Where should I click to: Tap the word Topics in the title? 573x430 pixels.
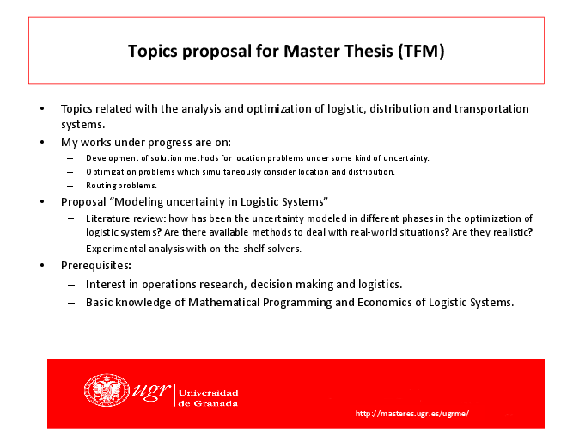tap(153, 52)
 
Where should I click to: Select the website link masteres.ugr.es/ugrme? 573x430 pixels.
tap(412, 414)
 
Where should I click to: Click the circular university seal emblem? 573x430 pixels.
tap(107, 390)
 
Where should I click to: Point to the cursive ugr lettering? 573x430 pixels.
tap(151, 390)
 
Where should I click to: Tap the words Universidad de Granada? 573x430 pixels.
tap(208, 398)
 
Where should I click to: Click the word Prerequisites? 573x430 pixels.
tap(96, 266)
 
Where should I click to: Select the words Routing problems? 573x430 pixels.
tap(121, 186)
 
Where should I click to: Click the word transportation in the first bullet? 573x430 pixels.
tap(491, 109)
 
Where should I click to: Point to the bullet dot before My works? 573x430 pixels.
tap(42, 142)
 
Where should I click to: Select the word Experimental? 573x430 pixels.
tap(116, 249)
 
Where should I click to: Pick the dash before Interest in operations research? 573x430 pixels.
tap(71, 285)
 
